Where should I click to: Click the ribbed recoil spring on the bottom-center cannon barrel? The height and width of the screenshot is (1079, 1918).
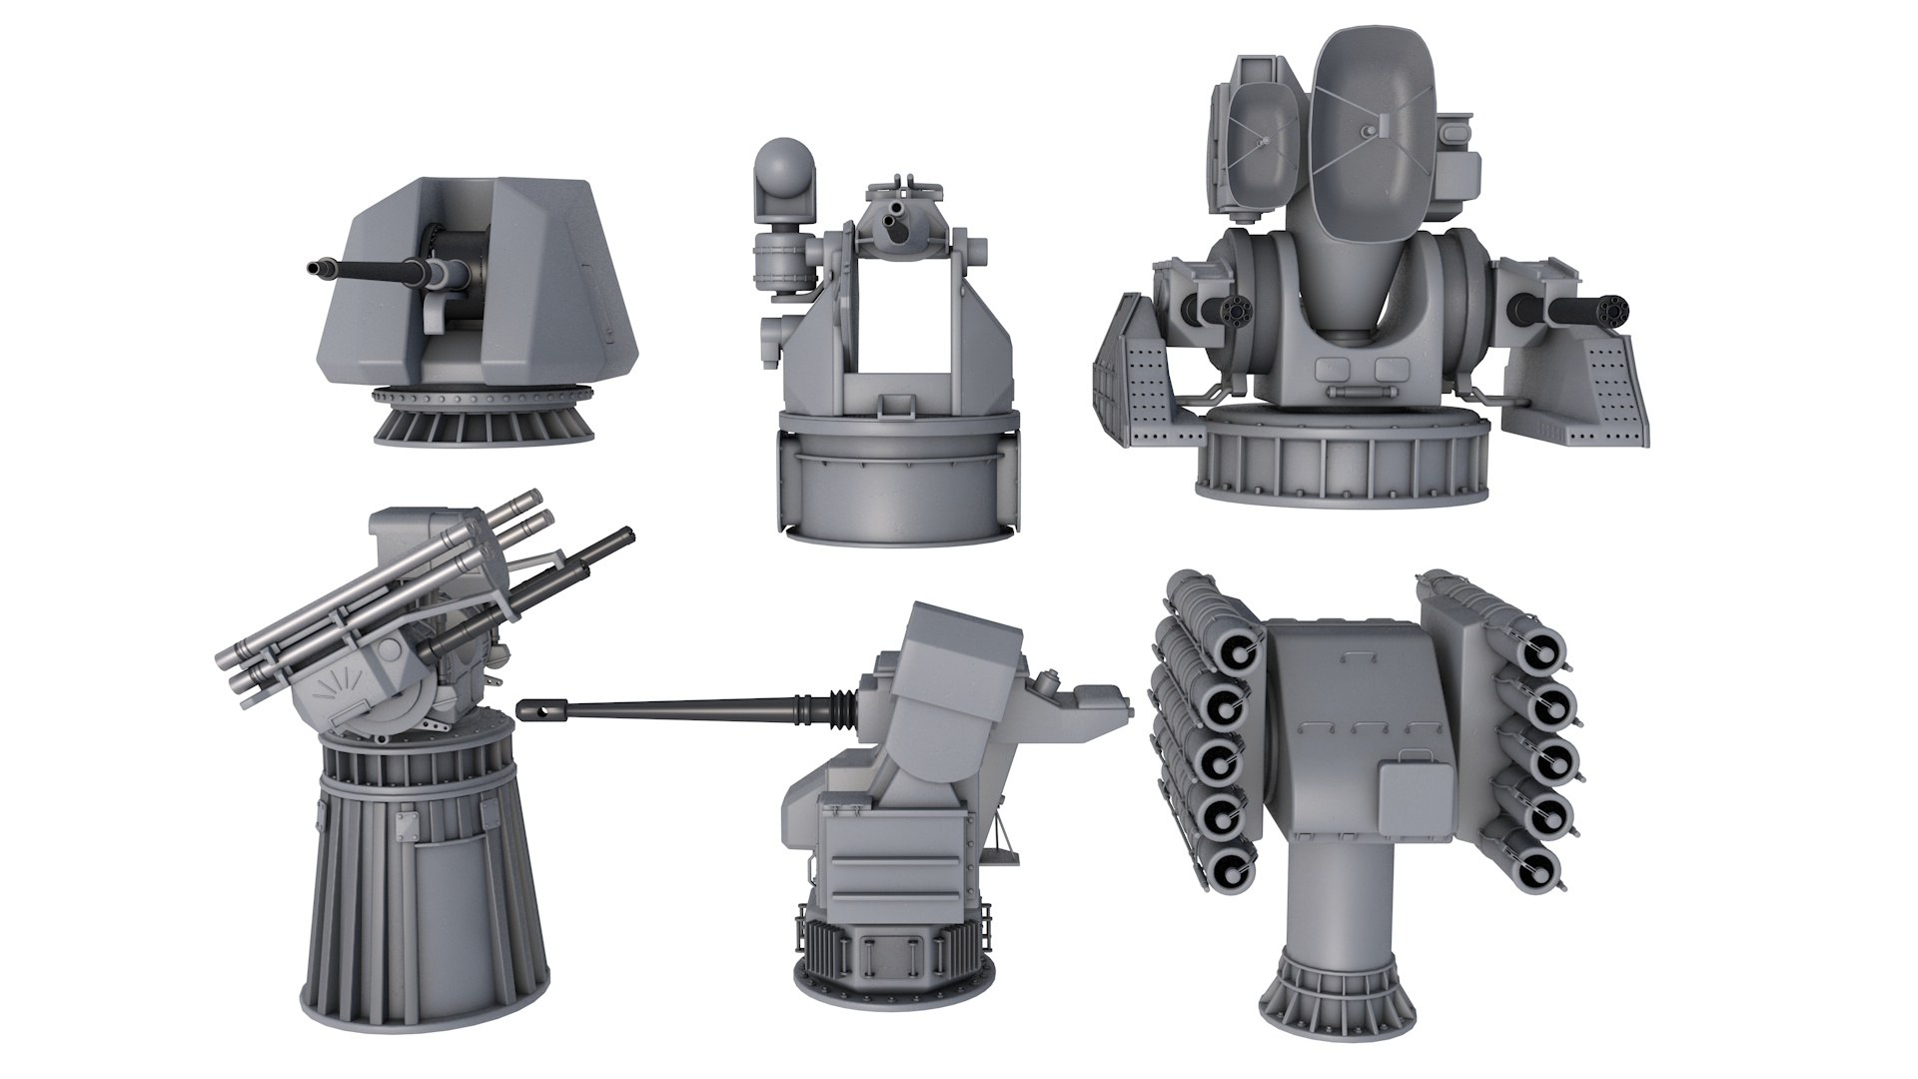(834, 707)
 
